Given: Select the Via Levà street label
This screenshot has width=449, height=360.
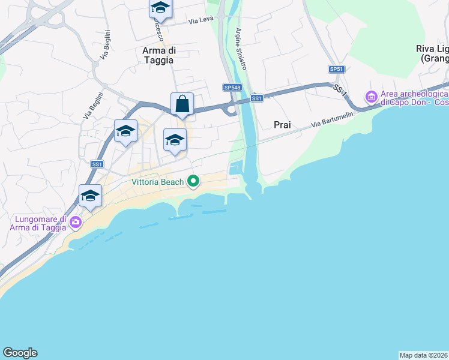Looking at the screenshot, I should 200,20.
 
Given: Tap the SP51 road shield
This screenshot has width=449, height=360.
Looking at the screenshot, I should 336,69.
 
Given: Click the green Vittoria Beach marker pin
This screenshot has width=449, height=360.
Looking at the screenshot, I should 193,181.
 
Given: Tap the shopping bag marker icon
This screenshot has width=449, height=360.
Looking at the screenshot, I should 182,104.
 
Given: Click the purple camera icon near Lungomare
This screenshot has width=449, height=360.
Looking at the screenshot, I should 76,223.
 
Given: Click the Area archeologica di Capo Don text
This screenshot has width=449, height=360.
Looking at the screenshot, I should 414,98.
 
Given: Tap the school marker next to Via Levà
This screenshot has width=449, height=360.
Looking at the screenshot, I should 160,8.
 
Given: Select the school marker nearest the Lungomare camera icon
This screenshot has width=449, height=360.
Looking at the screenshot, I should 90,196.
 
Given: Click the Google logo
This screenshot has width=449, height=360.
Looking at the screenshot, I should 20,353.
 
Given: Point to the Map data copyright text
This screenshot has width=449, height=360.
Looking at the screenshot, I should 423,355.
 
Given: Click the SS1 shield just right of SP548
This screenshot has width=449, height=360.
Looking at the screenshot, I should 256,98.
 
